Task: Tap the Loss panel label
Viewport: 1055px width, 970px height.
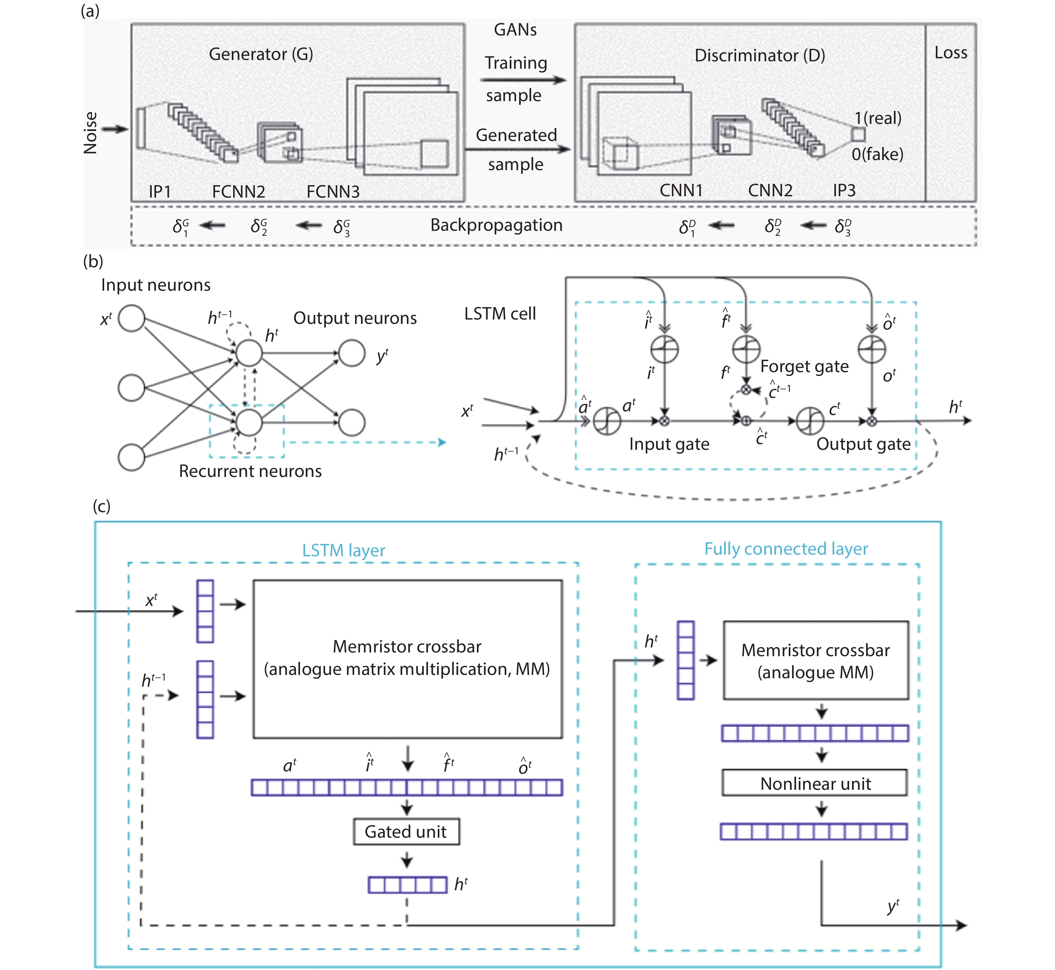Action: point(951,53)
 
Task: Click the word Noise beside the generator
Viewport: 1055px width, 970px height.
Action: point(90,133)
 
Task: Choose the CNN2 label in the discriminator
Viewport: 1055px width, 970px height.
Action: point(770,190)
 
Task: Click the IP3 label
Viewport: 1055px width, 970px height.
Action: point(844,190)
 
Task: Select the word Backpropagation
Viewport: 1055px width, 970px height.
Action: point(496,225)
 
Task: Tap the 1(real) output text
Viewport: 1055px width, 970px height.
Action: point(877,118)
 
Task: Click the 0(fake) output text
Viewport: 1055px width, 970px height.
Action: point(877,154)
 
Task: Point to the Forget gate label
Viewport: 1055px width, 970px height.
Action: point(804,366)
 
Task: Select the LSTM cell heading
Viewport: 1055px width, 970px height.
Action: point(500,314)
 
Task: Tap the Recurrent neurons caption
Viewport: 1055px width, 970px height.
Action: point(251,471)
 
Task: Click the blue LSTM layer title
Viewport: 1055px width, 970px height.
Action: point(343,550)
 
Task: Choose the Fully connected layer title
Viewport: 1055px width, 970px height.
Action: point(786,549)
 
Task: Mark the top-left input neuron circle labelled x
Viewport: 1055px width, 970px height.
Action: point(131,319)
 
